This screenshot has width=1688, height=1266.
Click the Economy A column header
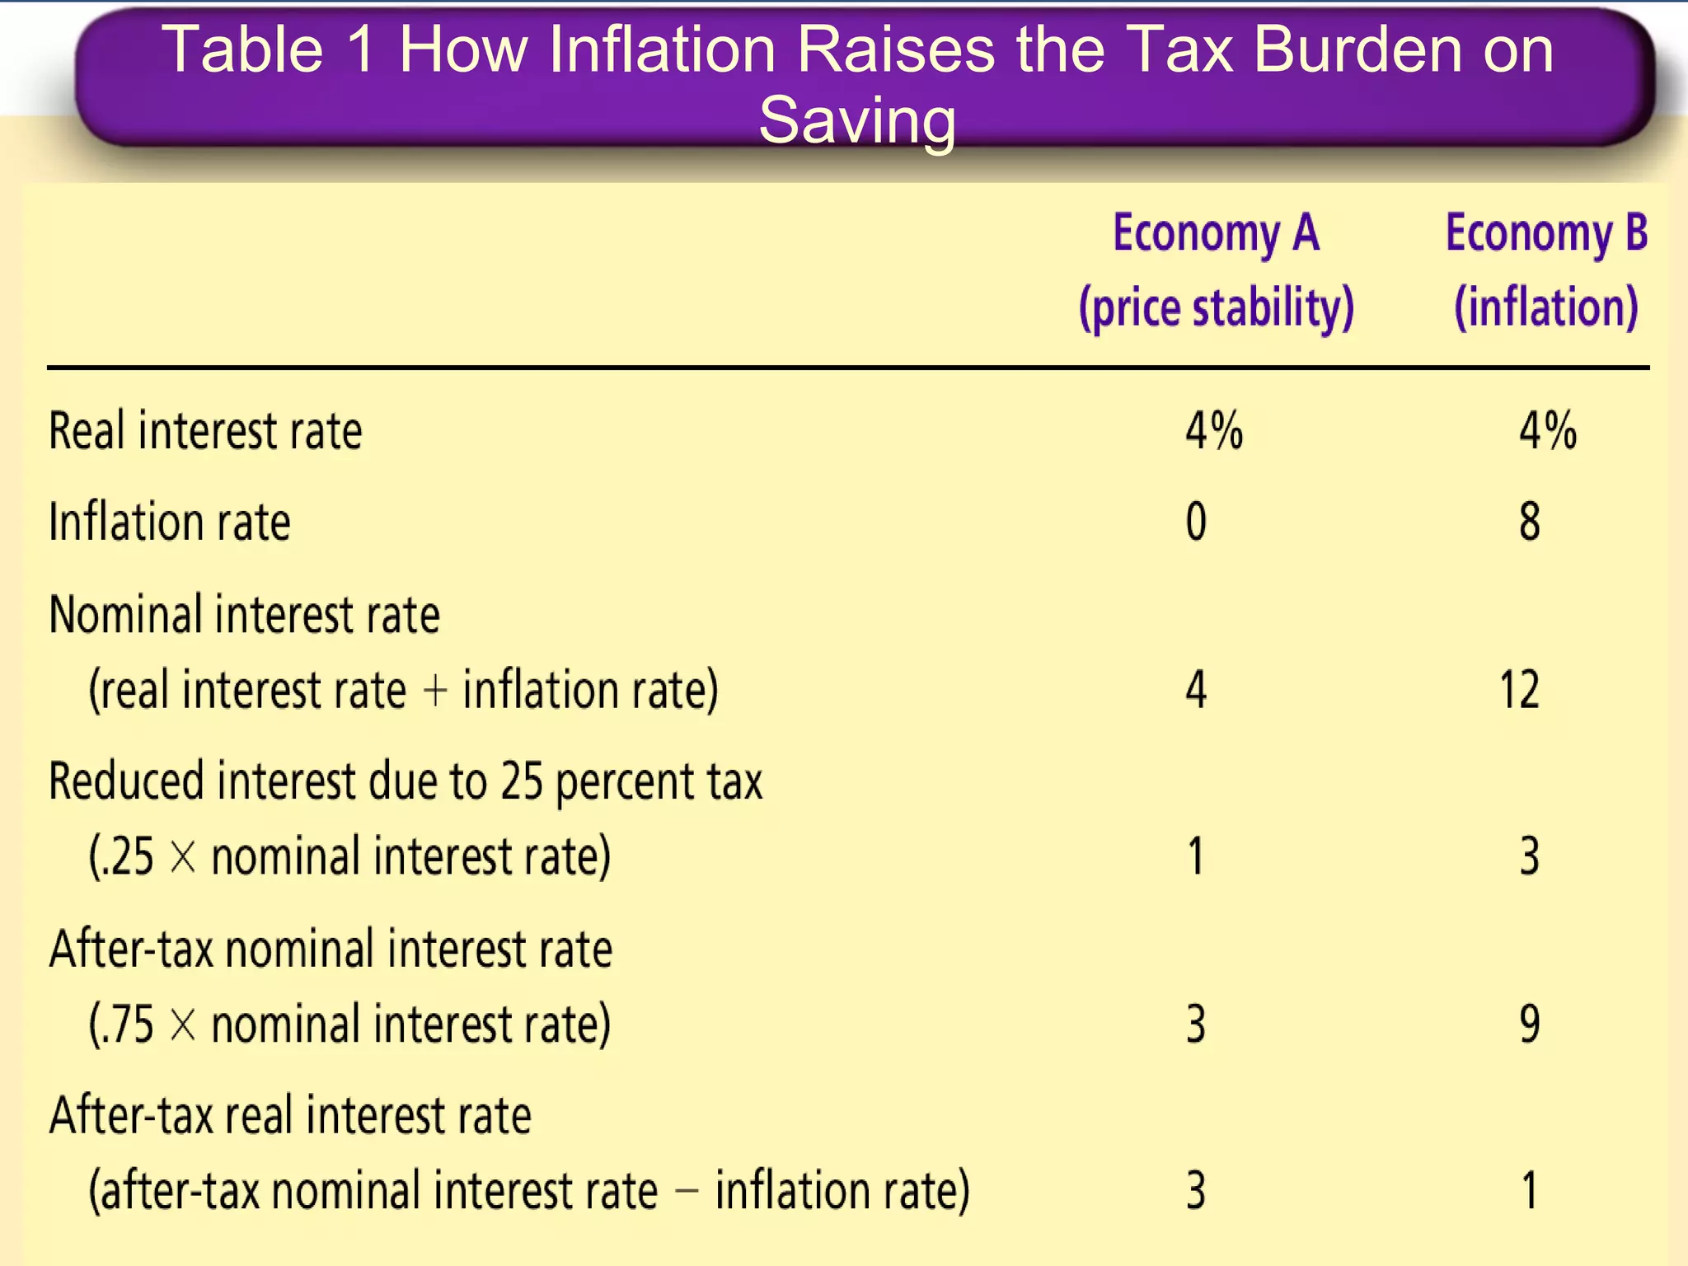click(1216, 233)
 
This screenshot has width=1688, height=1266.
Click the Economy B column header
click(1546, 233)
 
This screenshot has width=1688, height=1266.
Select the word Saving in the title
click(857, 120)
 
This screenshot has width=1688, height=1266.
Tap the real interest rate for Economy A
click(1213, 431)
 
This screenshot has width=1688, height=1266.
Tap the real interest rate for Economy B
click(1547, 431)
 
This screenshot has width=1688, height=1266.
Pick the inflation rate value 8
click(1530, 522)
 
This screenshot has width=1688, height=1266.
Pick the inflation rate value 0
click(1196, 522)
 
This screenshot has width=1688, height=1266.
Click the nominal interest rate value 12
click(1519, 690)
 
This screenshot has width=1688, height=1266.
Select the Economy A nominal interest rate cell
click(1196, 690)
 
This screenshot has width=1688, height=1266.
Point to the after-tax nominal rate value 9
click(1530, 1025)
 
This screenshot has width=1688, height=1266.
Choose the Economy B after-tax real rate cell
click(1530, 1191)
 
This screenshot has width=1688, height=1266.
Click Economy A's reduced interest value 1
click(1196, 856)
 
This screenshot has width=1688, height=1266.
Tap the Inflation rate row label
click(170, 522)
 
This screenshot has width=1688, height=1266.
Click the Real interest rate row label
click(205, 431)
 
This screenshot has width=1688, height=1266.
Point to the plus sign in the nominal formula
click(434, 691)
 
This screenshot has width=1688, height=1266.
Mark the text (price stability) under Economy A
click(1217, 307)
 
